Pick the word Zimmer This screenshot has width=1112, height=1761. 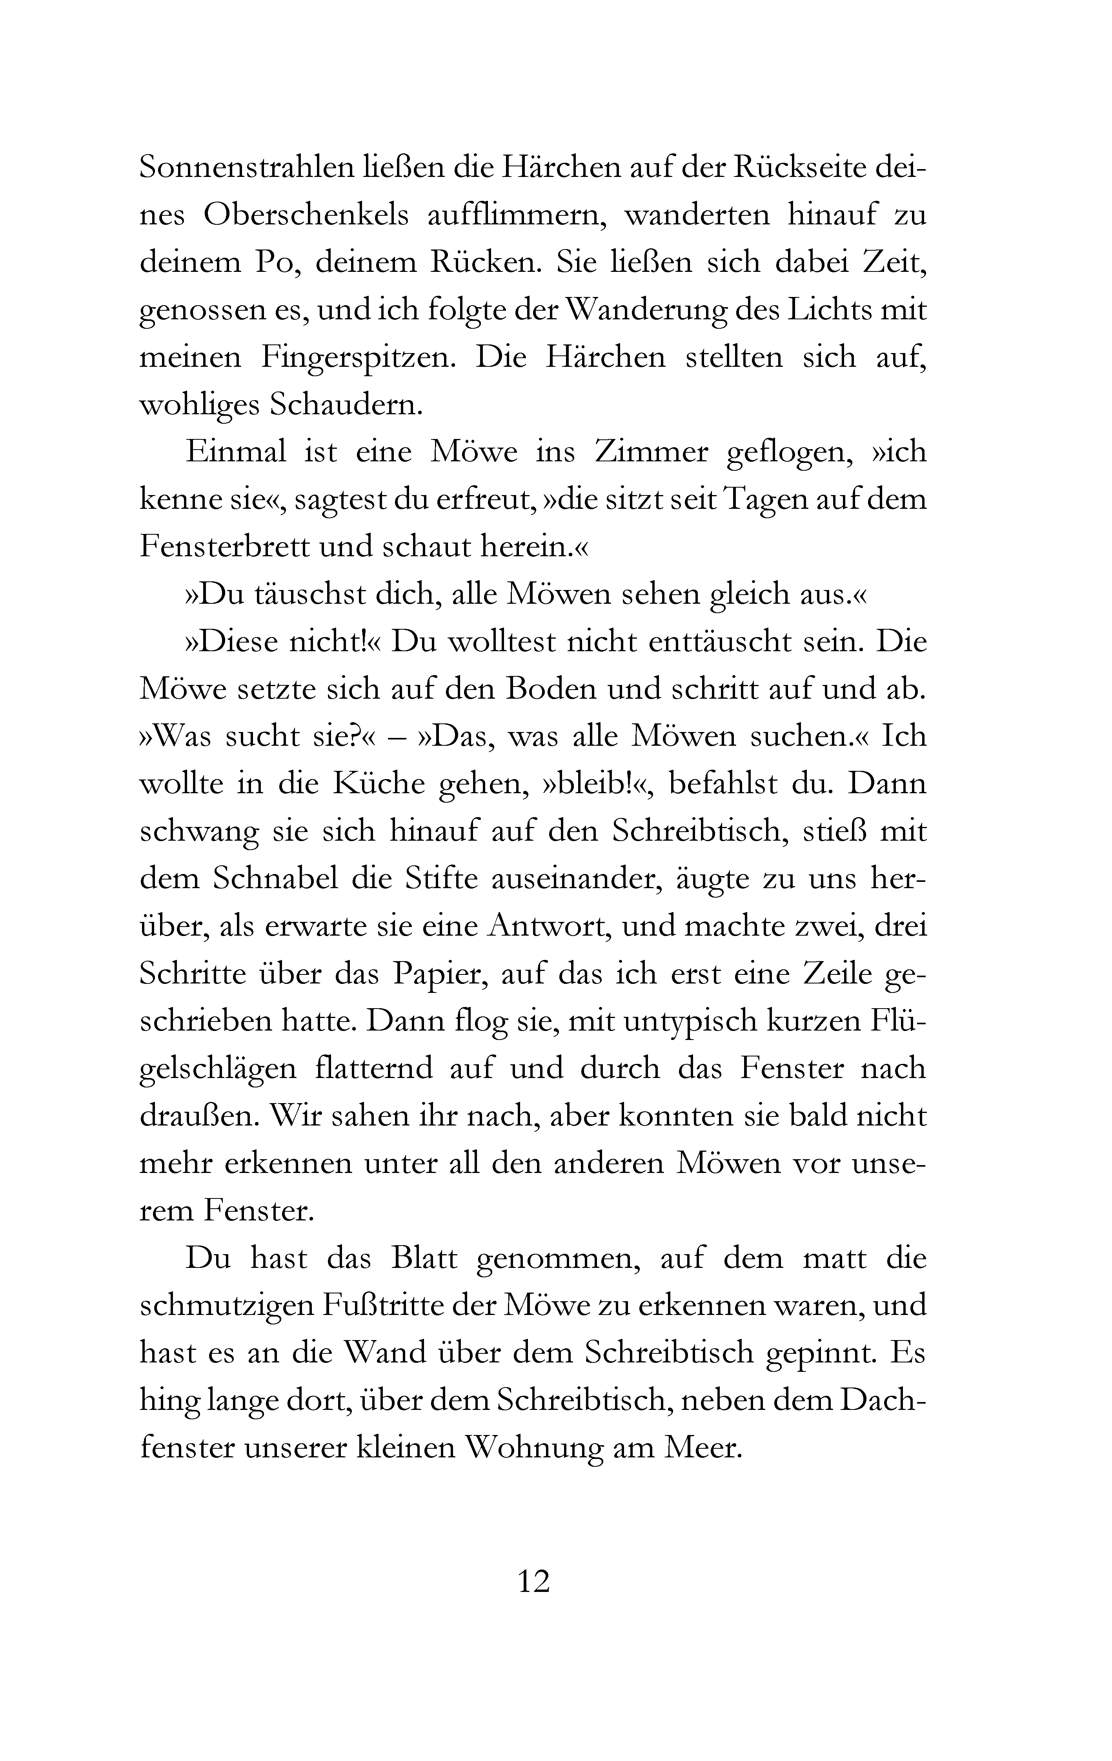(x=652, y=452)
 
